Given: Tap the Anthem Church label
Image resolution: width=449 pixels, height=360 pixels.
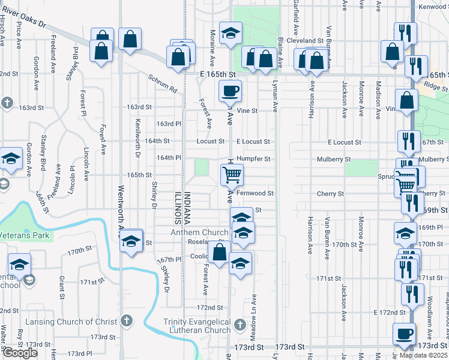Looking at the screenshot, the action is [x=199, y=232].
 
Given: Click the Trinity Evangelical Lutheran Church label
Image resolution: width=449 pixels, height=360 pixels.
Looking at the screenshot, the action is [x=197, y=326].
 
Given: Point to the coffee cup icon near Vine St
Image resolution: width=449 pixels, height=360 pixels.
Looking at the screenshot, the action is [x=230, y=92].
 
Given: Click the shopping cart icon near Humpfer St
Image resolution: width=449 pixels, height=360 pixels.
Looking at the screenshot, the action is [x=232, y=175].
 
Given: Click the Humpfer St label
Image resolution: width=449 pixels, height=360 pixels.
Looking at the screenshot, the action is [x=254, y=159].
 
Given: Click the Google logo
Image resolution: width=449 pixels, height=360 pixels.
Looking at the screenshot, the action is [x=20, y=353].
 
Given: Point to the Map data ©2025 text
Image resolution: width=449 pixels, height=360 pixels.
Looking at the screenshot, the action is [x=423, y=355].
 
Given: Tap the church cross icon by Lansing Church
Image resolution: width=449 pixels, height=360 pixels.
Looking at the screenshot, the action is [x=126, y=321].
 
